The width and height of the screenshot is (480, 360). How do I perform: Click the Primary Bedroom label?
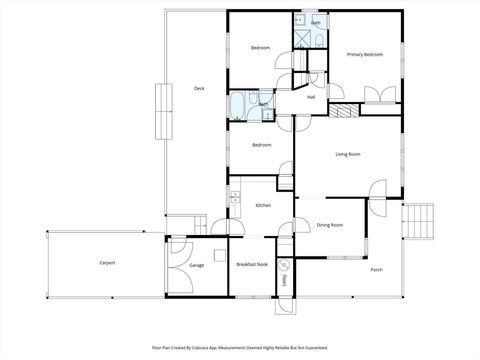click(365, 54)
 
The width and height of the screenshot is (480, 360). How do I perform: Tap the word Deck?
click(199, 89)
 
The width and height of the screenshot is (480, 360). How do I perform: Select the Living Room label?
click(347, 154)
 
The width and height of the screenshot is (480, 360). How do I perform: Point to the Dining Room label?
click(330, 226)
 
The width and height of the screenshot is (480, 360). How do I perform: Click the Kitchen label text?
click(263, 205)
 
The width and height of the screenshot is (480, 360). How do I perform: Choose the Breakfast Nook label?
click(250, 264)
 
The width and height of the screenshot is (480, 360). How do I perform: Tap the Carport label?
click(107, 262)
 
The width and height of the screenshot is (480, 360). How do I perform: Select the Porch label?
click(377, 270)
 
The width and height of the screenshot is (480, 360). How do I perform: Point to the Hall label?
click(311, 97)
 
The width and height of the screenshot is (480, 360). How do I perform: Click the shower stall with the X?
click(301, 38)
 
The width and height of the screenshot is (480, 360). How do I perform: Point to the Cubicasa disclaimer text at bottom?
click(240, 347)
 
